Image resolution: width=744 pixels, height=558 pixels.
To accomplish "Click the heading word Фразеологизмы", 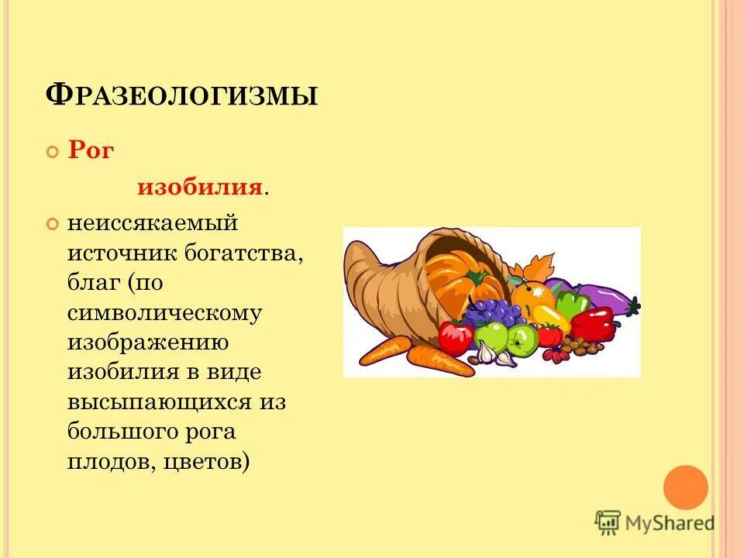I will [x=183, y=95].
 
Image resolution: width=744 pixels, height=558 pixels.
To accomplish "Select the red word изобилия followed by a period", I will [x=199, y=188].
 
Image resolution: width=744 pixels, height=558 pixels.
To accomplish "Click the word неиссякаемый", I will [x=151, y=224].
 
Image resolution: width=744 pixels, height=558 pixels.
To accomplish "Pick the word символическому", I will [x=164, y=312].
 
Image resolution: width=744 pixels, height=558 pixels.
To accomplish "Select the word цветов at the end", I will [x=205, y=461].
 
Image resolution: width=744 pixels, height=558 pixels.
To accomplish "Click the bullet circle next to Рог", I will [x=53, y=151].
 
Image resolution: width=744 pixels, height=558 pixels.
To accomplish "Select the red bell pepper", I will [x=593, y=324].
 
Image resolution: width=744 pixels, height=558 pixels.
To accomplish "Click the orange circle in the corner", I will [x=686, y=487].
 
